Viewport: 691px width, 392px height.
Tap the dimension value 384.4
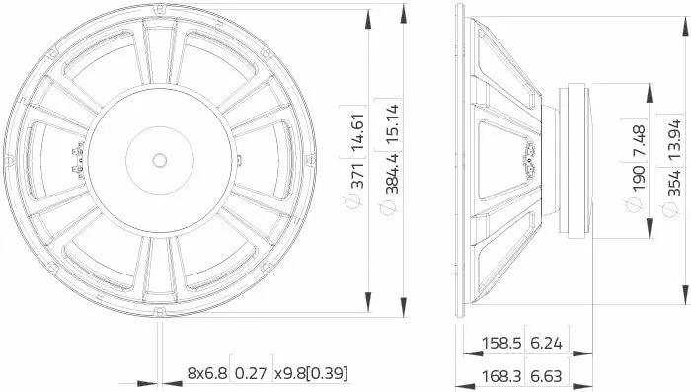tap(392, 174)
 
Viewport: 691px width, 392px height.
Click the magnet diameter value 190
tap(639, 178)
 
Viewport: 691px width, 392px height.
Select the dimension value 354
tap(674, 183)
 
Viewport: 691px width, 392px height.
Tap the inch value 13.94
tap(674, 139)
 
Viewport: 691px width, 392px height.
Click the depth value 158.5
tap(501, 343)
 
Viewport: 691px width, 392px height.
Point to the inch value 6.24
tap(547, 343)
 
